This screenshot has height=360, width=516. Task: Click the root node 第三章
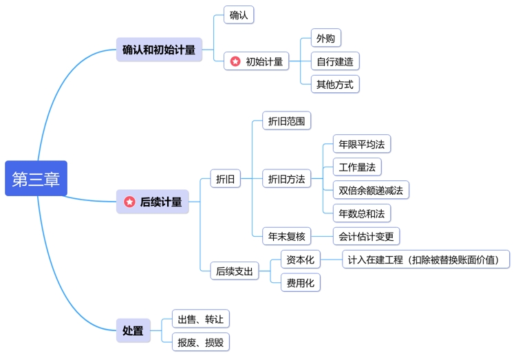click(x=36, y=179)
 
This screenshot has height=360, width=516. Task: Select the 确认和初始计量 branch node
click(x=159, y=50)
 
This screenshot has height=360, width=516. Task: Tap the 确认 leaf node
click(x=238, y=14)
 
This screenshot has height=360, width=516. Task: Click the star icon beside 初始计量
click(x=235, y=61)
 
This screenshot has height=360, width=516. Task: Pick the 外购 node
click(x=325, y=38)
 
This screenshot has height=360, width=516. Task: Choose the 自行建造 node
click(x=334, y=61)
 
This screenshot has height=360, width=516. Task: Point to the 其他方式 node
click(x=334, y=85)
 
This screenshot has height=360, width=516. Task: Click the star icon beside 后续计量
click(x=129, y=202)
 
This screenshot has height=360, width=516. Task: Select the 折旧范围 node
click(x=287, y=121)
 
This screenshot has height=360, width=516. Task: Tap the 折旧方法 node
click(x=287, y=179)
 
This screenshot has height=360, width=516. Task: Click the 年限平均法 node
click(x=361, y=145)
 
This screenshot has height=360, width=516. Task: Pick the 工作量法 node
click(x=356, y=167)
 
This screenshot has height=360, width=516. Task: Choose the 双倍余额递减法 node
click(x=371, y=190)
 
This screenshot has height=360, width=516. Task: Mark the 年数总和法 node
click(x=361, y=213)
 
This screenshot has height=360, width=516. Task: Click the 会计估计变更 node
click(x=366, y=237)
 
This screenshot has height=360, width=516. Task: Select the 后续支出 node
click(x=235, y=271)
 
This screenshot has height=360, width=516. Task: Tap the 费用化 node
click(x=300, y=282)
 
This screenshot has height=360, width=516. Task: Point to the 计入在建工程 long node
click(x=427, y=260)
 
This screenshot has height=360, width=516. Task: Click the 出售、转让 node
click(x=200, y=319)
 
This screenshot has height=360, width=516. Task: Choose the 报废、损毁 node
click(x=200, y=342)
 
